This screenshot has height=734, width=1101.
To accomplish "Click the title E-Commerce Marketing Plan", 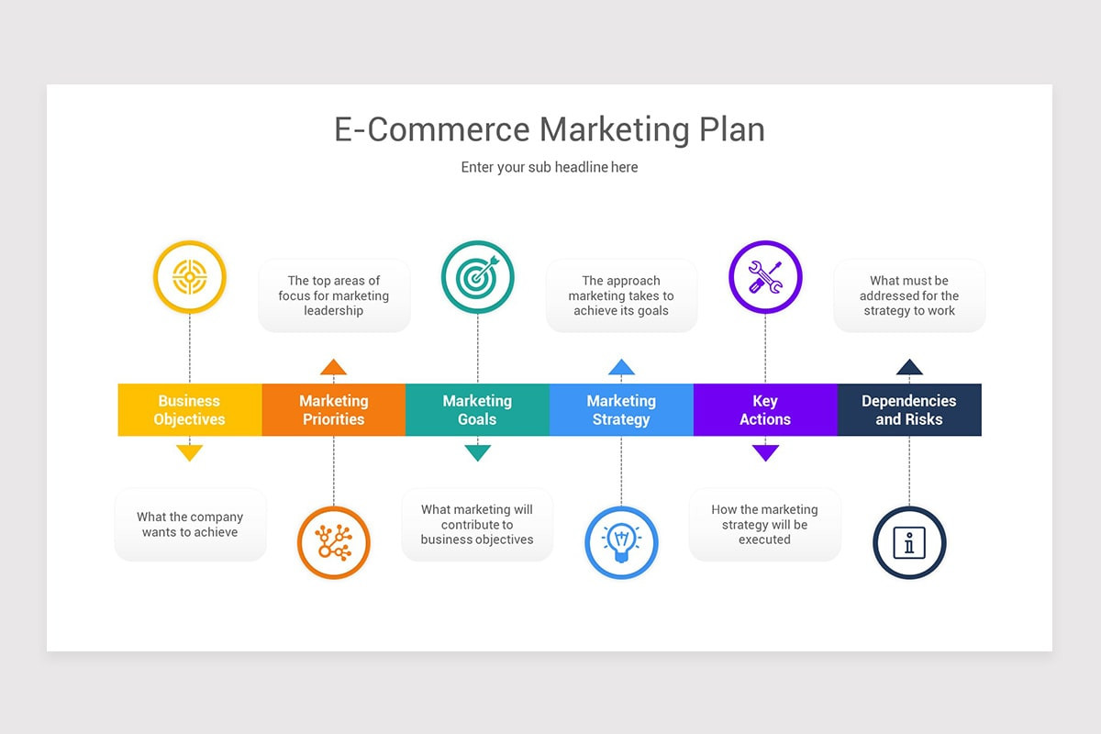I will click(x=549, y=129).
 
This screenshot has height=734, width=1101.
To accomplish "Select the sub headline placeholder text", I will click(x=549, y=167).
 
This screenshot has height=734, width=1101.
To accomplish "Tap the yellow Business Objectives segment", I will click(x=189, y=410).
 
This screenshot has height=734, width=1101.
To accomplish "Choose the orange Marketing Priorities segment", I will click(x=333, y=410).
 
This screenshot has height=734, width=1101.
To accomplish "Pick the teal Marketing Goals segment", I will click(x=477, y=410).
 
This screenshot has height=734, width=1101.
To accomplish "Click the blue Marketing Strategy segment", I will click(x=621, y=410).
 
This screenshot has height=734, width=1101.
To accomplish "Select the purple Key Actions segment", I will click(x=764, y=410).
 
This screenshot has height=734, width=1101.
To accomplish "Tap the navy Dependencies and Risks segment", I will click(x=908, y=410).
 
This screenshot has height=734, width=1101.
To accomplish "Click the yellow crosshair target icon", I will click(x=189, y=276).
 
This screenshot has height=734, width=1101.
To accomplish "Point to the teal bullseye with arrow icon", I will click(x=477, y=276).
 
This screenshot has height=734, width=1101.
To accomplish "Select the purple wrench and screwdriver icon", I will click(x=764, y=276).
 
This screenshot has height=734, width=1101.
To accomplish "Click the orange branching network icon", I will click(x=333, y=542).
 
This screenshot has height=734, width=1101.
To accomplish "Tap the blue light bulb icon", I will click(x=621, y=542).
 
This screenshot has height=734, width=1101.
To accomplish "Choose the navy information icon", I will click(x=908, y=542).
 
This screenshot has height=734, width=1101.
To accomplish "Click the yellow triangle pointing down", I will click(x=189, y=451).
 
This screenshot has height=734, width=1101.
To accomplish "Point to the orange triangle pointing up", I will click(x=333, y=368).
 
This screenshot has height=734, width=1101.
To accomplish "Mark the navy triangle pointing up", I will click(x=908, y=368).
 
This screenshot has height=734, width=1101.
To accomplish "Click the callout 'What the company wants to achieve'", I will click(x=190, y=525).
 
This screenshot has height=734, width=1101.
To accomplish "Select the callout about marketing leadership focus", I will click(x=334, y=295).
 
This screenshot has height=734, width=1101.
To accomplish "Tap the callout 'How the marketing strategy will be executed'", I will click(x=764, y=525).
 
